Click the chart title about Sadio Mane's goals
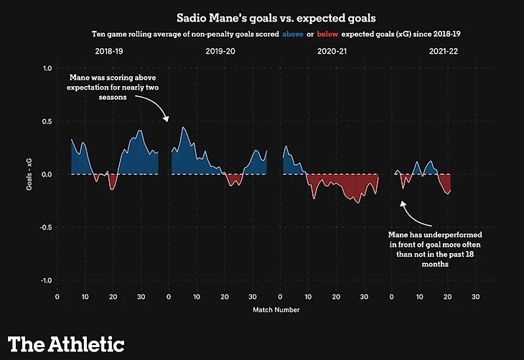coord(261,16)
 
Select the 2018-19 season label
coord(109,52)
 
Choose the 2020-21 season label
coord(332,52)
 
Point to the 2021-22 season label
coord(444,52)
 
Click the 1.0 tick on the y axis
coord(47,69)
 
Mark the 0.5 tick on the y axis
coord(47,121)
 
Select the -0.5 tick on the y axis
coord(46,227)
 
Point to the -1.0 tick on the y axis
coord(46,280)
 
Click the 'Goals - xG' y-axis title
coord(29,174)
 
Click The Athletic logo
coord(67,344)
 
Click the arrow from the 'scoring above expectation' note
coord(159,108)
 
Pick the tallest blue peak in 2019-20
coord(183,129)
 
